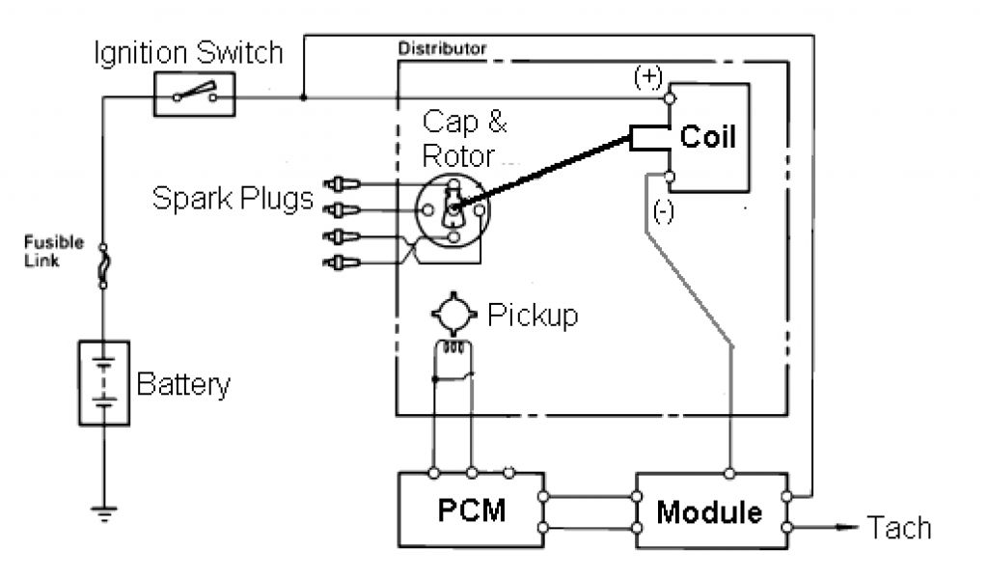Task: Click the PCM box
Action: tap(471, 510)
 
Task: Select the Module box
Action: tap(712, 510)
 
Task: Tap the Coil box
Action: tap(709, 137)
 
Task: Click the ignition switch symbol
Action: tap(195, 94)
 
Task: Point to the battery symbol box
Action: tap(104, 383)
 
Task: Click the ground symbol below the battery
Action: tap(104, 513)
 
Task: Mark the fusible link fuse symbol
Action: tap(103, 266)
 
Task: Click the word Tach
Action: tap(899, 527)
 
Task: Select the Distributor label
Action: tap(442, 48)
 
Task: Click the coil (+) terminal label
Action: tap(648, 77)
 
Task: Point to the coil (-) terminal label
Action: tap(664, 210)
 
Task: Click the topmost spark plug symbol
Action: tap(342, 184)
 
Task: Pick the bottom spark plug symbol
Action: tap(342, 262)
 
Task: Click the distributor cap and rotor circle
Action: tap(453, 210)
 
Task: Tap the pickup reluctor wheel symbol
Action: tap(453, 313)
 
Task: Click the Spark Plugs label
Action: tap(233, 199)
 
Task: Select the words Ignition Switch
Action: tap(188, 52)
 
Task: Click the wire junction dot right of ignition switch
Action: tap(304, 97)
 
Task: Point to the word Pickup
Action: tap(533, 315)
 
